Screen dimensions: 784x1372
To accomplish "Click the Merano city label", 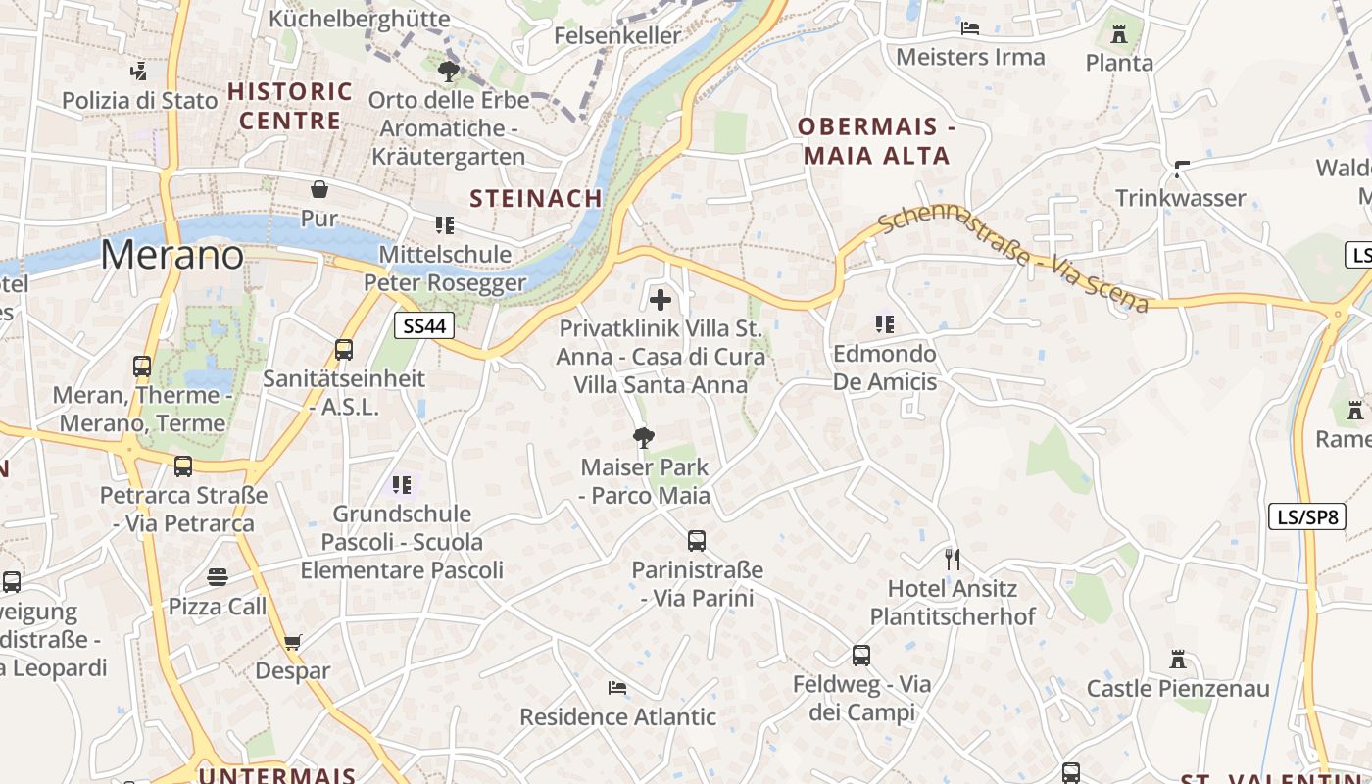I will [x=171, y=255].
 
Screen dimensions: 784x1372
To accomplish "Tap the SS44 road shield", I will [x=424, y=325].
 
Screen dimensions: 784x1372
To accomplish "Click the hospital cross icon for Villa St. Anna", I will [x=661, y=299].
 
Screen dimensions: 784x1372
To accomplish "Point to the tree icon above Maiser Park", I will [x=644, y=438].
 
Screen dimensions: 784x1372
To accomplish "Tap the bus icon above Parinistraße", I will [x=697, y=540].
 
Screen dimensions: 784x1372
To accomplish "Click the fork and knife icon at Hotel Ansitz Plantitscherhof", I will [x=952, y=560].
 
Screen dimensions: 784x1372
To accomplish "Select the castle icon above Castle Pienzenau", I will [x=1178, y=660].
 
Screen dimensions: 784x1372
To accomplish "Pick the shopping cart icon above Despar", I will [x=292, y=643].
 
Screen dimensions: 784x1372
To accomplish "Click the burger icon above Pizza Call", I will [x=218, y=577].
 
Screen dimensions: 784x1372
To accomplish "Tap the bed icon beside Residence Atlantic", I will [x=617, y=688].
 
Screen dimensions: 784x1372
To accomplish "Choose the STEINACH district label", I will [x=536, y=198].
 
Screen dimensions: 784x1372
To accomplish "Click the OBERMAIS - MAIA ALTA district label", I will [x=876, y=141].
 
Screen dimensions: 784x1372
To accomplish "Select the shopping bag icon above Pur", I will [x=319, y=189].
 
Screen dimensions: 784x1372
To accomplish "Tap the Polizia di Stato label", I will [x=139, y=100].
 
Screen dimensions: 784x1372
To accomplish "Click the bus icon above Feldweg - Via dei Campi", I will [x=861, y=655].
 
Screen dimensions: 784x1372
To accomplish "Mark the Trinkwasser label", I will [x=1181, y=198].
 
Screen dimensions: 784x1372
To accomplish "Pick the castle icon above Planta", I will [x=1119, y=35].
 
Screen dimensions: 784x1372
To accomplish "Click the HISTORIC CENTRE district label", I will [x=290, y=106].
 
